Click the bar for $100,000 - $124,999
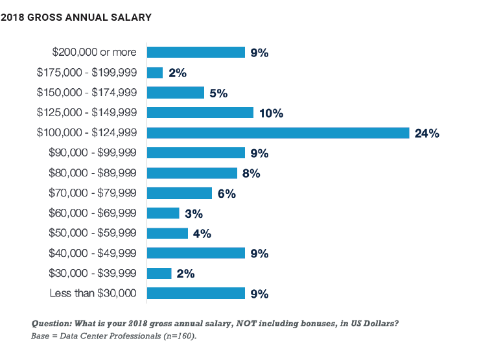(278, 133)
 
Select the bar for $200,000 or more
(196, 53)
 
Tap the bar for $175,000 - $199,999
(155, 73)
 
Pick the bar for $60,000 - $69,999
(163, 213)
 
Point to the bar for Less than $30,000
(196, 293)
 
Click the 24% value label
(428, 134)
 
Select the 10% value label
(272, 114)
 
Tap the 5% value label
(218, 93)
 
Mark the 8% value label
(251, 173)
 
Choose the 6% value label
(227, 193)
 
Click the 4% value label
(202, 234)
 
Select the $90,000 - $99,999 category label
(93, 153)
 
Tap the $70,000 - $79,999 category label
(93, 193)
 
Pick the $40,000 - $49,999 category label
(93, 253)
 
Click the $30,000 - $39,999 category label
(93, 273)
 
